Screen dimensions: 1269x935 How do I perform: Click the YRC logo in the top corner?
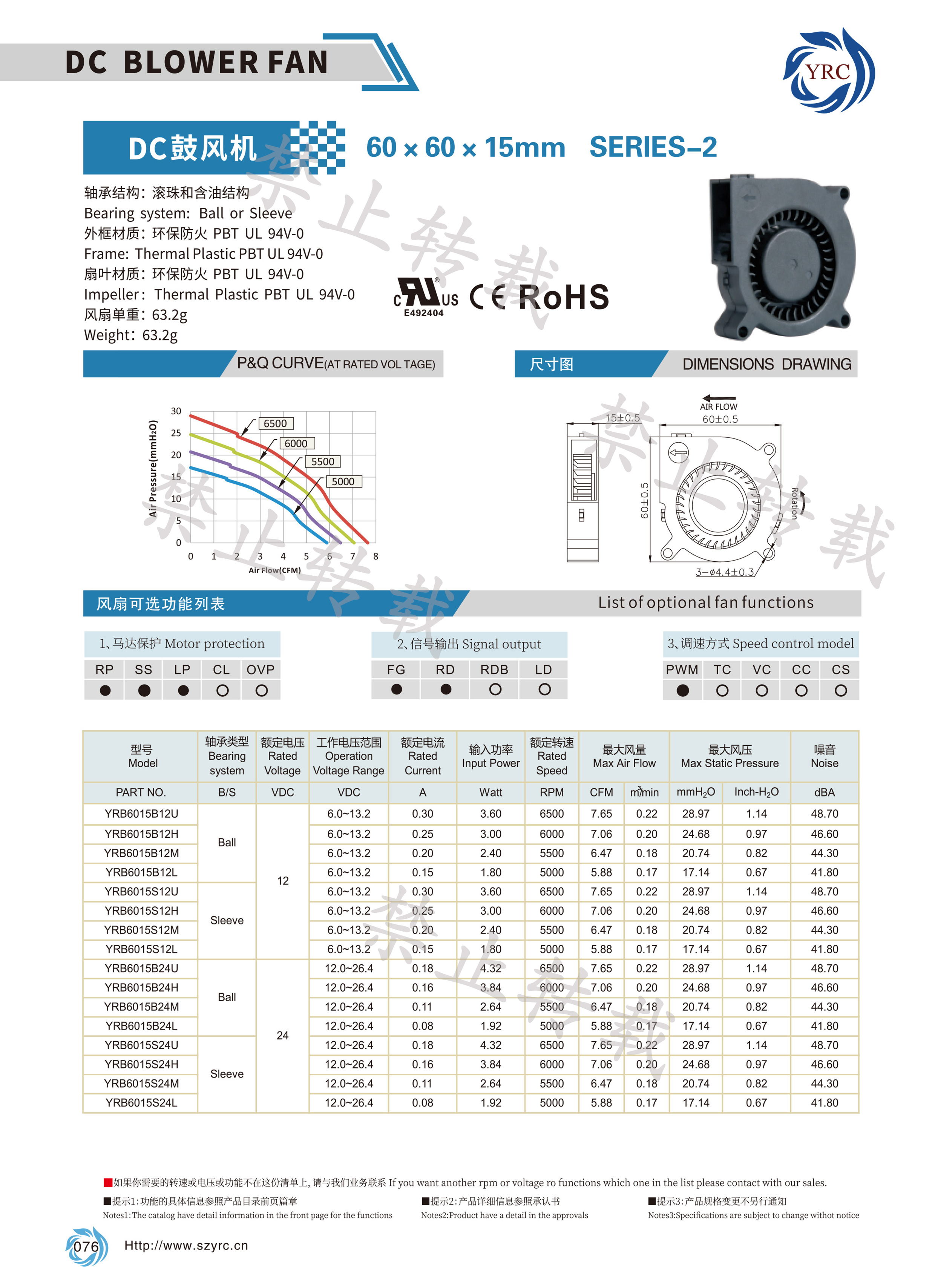828,71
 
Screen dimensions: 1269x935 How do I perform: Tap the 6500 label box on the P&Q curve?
275,423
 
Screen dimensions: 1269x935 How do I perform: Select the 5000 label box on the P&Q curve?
343,482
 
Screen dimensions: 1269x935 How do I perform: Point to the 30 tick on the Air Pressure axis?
176,411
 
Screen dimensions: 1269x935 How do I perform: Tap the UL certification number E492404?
423,313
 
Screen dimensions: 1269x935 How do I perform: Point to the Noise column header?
824,756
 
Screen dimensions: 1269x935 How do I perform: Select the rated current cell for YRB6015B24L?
422,1025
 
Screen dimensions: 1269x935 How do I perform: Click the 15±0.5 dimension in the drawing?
622,418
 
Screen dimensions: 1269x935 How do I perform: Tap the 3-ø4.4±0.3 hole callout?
725,572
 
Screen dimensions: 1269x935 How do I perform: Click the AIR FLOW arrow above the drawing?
719,398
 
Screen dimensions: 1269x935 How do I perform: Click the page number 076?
86,1246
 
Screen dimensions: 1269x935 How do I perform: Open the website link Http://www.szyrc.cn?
186,1245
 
